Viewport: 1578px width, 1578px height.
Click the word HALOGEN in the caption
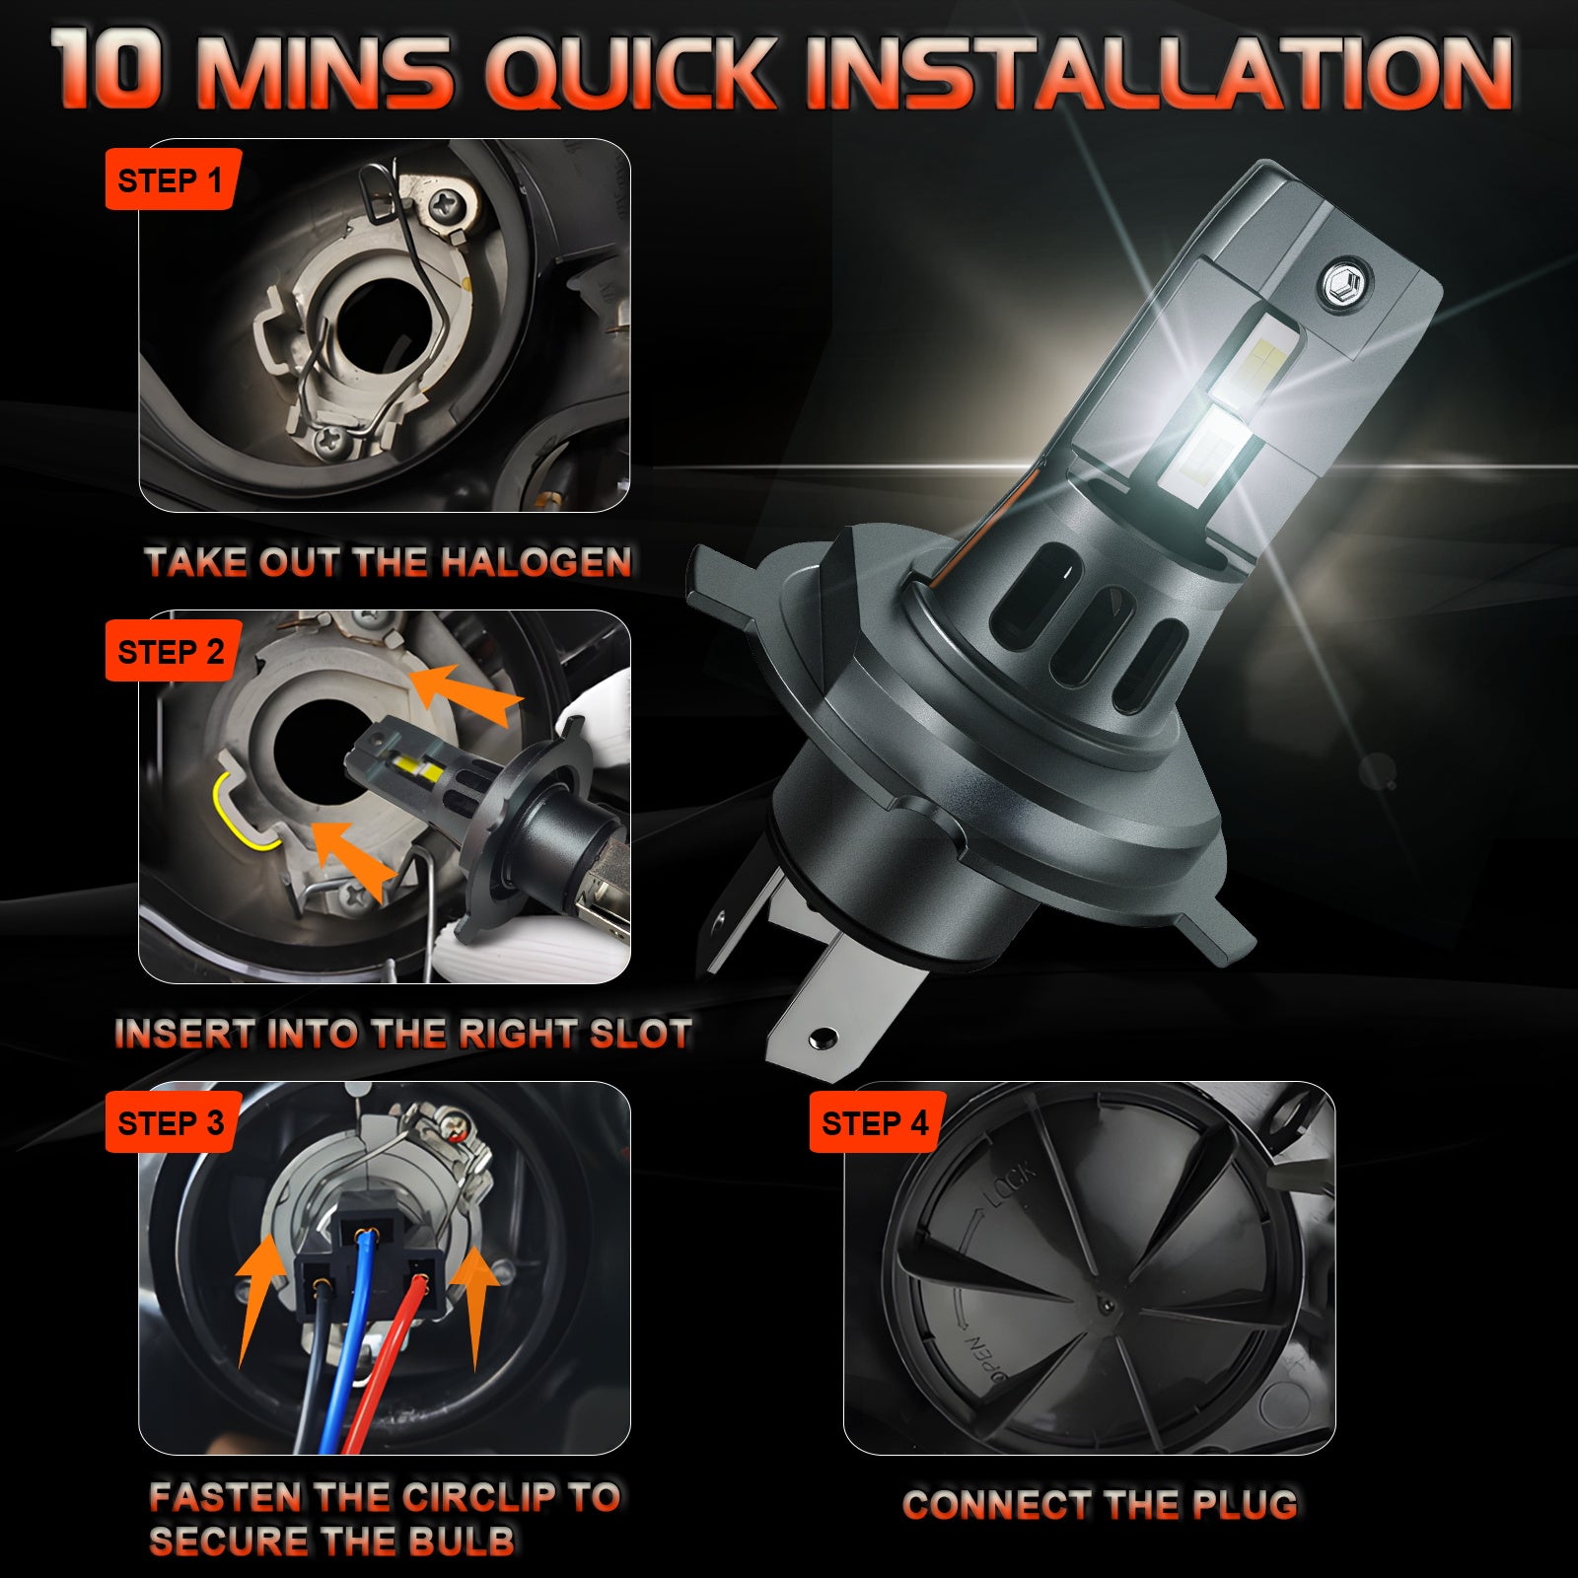[536, 562]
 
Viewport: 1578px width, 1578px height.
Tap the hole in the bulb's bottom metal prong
[821, 1039]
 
